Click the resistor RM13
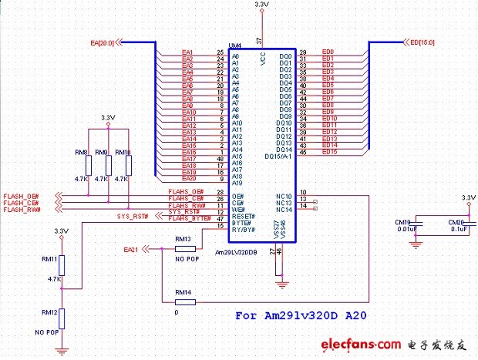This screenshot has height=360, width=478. point(183,249)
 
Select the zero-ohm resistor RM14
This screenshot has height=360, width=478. point(183,301)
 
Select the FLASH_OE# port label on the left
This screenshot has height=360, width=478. point(22,197)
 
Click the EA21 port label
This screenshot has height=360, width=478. point(130,250)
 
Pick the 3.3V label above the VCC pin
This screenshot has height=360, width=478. point(261,5)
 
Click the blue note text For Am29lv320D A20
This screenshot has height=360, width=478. point(298,315)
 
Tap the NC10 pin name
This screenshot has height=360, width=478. point(284,196)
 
